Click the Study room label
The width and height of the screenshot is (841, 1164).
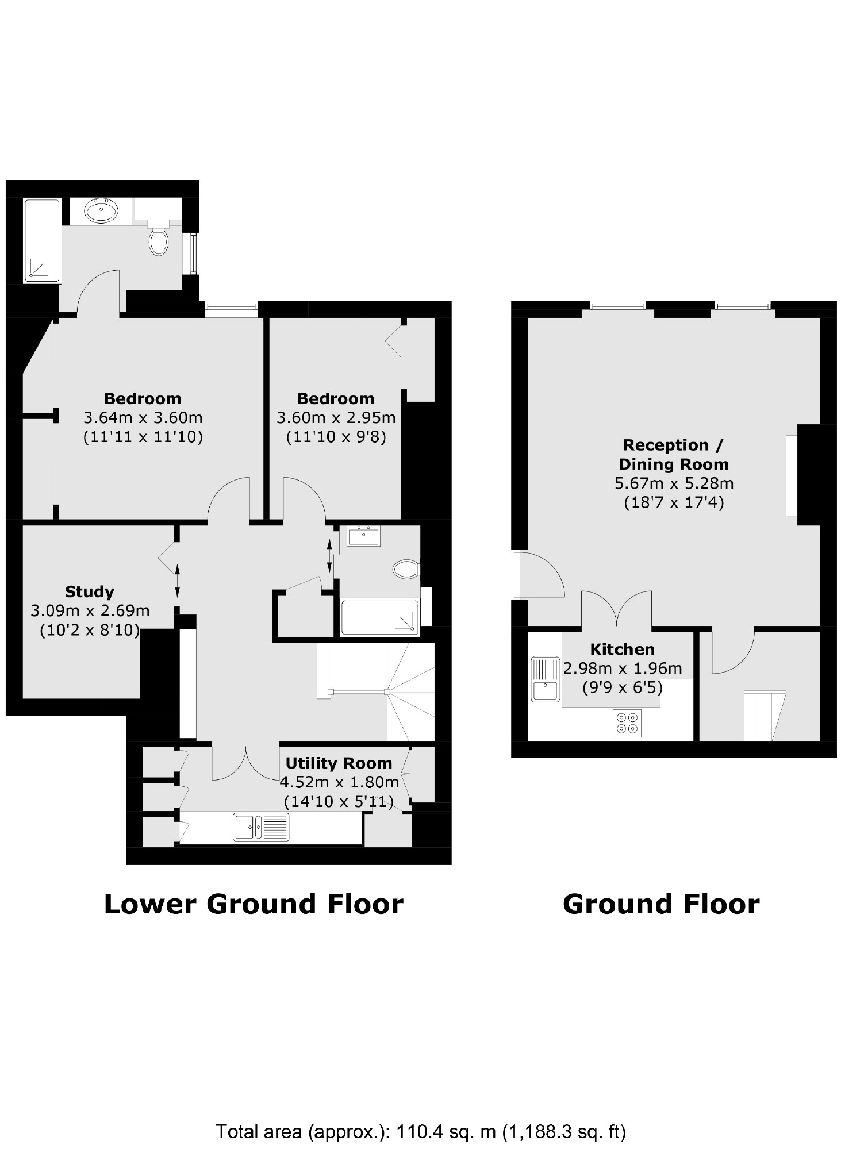[x=89, y=591]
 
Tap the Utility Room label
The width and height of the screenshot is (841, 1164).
[x=339, y=763]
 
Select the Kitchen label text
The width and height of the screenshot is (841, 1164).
[x=622, y=649]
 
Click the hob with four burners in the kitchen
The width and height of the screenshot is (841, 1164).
[x=627, y=723]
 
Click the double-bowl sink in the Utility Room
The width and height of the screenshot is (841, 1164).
[x=261, y=827]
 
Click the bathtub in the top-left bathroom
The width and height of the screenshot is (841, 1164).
[x=43, y=241]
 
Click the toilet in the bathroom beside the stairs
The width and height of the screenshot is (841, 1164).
[x=406, y=570]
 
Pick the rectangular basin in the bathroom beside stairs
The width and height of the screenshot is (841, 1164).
[x=363, y=536]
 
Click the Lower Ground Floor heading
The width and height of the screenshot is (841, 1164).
[x=254, y=904]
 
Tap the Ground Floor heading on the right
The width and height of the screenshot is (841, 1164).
[x=661, y=904]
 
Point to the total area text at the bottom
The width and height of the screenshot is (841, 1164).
[x=420, y=1132]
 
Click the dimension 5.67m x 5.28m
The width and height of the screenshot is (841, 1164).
[x=674, y=483]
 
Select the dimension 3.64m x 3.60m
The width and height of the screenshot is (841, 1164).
[x=143, y=417]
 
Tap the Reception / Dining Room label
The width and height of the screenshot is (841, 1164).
[x=674, y=454]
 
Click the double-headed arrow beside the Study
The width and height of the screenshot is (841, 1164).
[x=177, y=582]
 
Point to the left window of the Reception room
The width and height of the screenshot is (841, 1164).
[x=618, y=306]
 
